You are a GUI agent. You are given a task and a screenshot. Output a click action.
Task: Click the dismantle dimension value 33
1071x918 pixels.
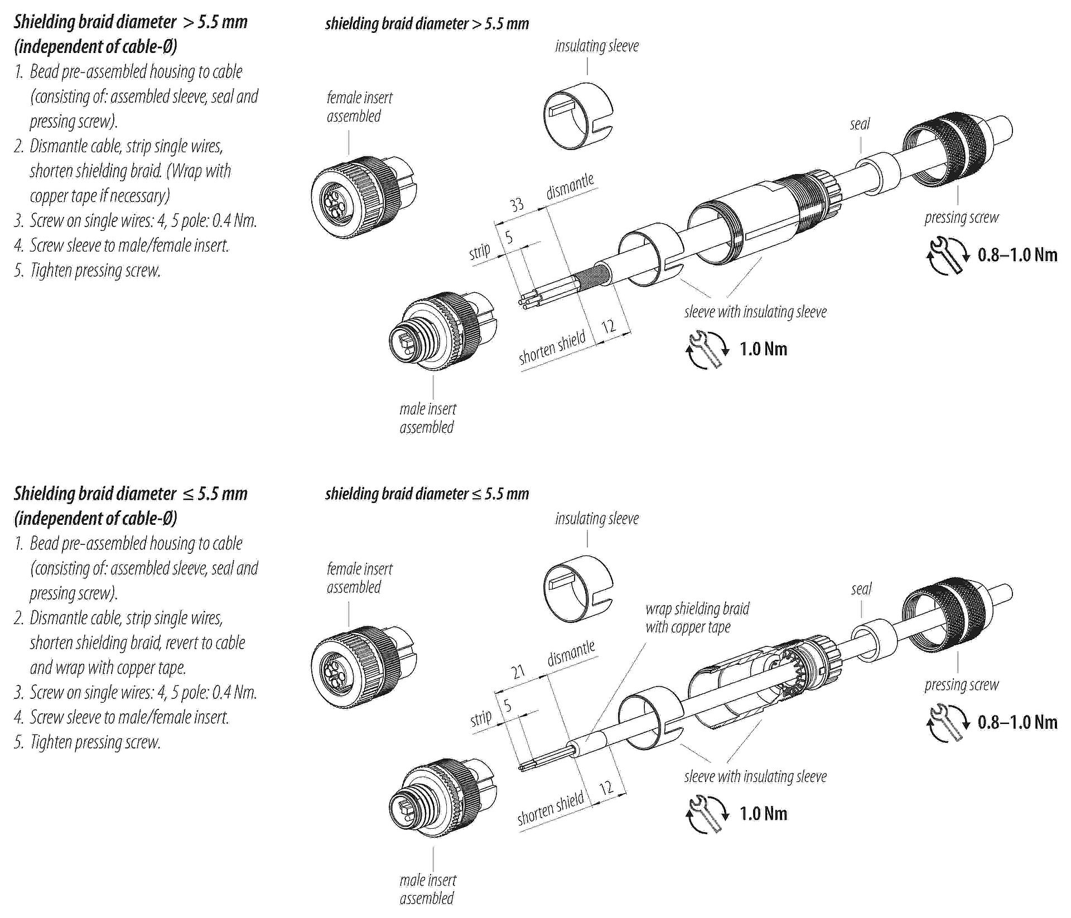point(517,205)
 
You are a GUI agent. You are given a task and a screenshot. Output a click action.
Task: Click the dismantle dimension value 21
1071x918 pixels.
point(519,671)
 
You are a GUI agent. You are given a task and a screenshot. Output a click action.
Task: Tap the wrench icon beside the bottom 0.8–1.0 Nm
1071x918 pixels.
point(947,723)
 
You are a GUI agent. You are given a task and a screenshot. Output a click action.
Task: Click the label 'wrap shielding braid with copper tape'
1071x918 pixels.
point(697,617)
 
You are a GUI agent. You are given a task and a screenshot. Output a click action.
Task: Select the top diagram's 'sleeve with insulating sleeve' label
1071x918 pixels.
point(755,312)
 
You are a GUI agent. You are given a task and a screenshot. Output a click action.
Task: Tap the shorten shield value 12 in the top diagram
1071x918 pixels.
point(609,325)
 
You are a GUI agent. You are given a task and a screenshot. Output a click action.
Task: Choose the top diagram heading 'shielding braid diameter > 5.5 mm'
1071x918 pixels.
point(427,24)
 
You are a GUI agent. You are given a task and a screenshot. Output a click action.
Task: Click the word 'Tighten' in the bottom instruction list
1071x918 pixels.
point(56,742)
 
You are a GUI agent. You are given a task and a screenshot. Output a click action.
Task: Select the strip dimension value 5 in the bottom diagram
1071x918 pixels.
point(507,706)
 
